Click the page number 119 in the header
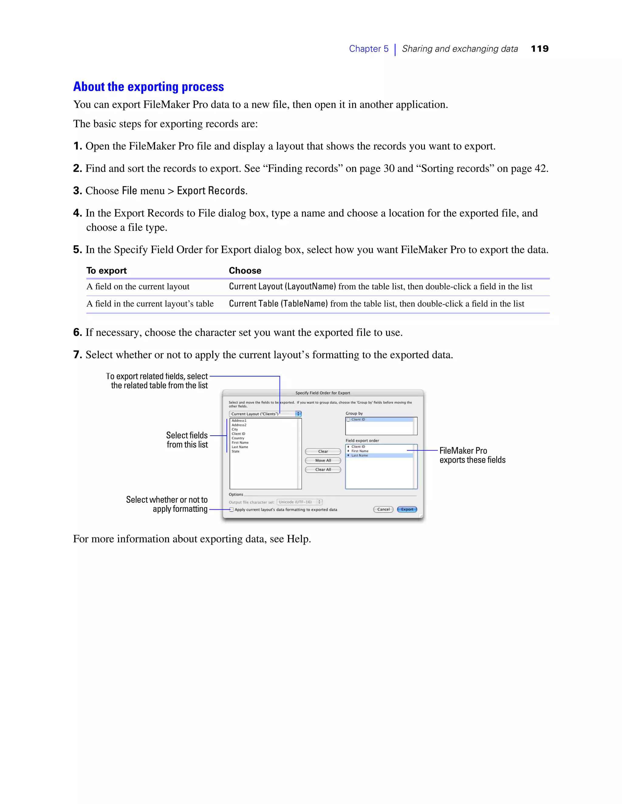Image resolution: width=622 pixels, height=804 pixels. [x=539, y=49]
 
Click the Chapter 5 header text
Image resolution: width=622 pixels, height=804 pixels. [x=368, y=49]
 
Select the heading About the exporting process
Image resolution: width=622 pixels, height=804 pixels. [x=149, y=86]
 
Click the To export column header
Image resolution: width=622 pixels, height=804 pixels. [x=107, y=271]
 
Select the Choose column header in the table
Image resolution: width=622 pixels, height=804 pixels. [x=245, y=271]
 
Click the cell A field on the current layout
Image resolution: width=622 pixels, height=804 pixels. [x=138, y=286]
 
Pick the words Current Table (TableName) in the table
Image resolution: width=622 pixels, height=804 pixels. [x=278, y=304]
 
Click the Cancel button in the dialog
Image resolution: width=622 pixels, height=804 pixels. [x=383, y=509]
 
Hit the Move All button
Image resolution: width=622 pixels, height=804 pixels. [x=323, y=461]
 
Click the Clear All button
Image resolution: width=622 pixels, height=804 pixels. [x=323, y=469]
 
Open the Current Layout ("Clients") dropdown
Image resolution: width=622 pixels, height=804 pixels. [x=265, y=414]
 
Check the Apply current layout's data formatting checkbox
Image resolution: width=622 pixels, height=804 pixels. [x=231, y=509]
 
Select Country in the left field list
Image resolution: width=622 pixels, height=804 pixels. [x=238, y=438]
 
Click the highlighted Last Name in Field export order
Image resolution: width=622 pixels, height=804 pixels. [x=360, y=455]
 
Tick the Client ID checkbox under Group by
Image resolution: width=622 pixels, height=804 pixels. [x=348, y=420]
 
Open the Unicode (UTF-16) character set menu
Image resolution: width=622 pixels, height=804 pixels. [x=299, y=502]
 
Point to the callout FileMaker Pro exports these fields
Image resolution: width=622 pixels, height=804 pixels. [x=472, y=455]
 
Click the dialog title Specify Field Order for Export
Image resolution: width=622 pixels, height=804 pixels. [x=323, y=393]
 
